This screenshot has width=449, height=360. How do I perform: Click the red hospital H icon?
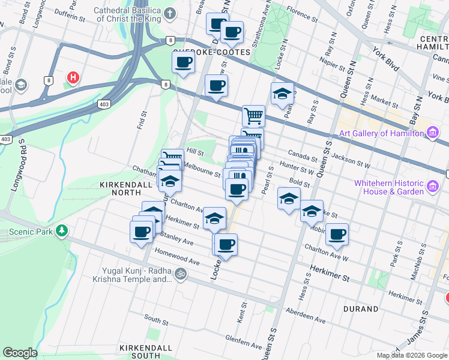pos(73,78)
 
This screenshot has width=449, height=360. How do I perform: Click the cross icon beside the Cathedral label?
pos(170,13)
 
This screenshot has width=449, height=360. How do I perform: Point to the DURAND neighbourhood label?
pos(361,309)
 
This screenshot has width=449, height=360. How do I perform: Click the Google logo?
pos(20,353)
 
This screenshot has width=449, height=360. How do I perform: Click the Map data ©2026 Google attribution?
pos(412,355)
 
